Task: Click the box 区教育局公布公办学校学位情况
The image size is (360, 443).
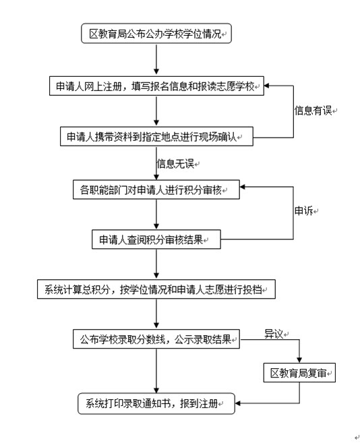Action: pos(156,34)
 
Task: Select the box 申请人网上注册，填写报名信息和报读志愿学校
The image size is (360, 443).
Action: pos(156,86)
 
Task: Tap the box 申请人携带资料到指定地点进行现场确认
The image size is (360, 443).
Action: pos(156,136)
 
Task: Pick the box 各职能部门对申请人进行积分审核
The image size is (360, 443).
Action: pos(156,189)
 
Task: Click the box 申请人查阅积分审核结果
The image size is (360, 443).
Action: pos(156,239)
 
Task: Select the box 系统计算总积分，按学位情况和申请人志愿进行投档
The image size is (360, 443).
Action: pos(156,289)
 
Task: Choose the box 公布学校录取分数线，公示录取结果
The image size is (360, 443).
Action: pos(156,338)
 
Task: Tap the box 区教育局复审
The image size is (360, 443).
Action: pos(299,373)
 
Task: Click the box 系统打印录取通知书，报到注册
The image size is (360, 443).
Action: pos(156,403)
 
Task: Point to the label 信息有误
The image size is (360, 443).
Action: pos(313,111)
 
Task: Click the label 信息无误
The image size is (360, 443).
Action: pos(175,164)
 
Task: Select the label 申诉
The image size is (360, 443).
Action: pos(304,210)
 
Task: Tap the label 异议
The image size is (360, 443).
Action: pos(274,334)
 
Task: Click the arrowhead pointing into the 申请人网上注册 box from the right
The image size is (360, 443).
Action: pos(267,86)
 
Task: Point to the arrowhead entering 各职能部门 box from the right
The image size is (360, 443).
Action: pos(243,187)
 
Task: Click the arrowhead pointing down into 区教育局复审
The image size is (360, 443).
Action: pos(299,360)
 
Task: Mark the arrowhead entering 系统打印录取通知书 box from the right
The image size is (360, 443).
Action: pos(238,403)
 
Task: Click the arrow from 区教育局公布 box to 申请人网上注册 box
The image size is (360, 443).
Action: pos(156,59)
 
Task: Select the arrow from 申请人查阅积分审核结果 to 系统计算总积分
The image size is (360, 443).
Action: pos(156,264)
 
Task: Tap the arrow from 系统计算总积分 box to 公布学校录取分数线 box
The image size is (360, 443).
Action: pos(156,314)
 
